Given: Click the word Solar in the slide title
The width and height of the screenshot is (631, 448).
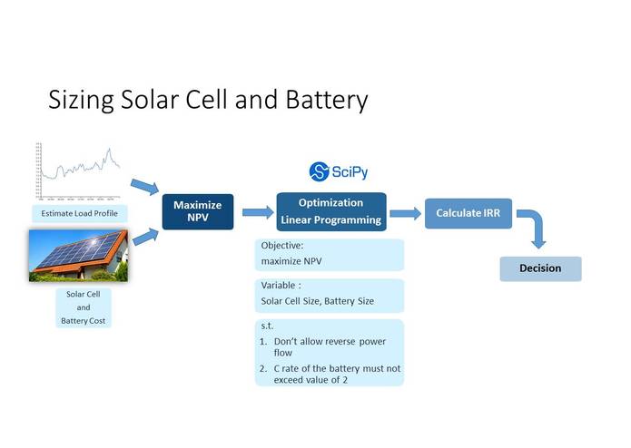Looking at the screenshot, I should coord(146,100).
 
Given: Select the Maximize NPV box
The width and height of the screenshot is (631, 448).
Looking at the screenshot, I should coord(198,211).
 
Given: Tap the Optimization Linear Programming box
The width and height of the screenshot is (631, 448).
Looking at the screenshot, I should coord(330,211).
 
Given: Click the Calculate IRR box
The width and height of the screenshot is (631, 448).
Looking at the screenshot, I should coord(468,213).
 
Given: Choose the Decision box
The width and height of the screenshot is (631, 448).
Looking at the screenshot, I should coord(540,268).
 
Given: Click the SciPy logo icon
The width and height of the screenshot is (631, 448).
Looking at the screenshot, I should coord(319,171).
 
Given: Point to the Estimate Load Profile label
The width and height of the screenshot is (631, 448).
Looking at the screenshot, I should coord(79,214).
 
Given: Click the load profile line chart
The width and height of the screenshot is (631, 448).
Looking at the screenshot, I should coord(78,171).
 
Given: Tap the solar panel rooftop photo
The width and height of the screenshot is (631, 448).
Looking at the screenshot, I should coord(78,255).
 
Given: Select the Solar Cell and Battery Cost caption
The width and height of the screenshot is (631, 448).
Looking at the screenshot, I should coord(83,307).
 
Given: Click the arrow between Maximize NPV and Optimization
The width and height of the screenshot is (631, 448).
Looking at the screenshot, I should coord(257,212).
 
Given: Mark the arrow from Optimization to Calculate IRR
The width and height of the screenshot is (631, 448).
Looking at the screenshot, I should coord(405,213).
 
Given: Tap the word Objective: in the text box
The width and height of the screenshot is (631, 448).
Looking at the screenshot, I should coord(282,246).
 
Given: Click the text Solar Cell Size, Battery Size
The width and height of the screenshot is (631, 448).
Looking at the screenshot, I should coord(318,301).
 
